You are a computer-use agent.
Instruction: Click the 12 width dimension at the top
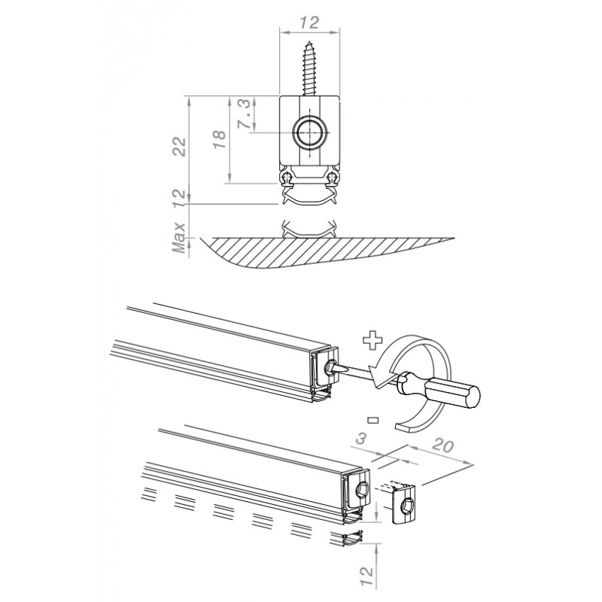(309, 23)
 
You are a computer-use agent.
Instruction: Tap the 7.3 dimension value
(245, 114)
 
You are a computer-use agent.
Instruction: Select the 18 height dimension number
(220, 140)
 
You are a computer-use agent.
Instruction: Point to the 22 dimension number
(179, 147)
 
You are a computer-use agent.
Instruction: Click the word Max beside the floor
(179, 237)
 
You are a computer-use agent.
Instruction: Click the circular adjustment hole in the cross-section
(309, 132)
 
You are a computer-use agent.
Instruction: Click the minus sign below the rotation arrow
(372, 420)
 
